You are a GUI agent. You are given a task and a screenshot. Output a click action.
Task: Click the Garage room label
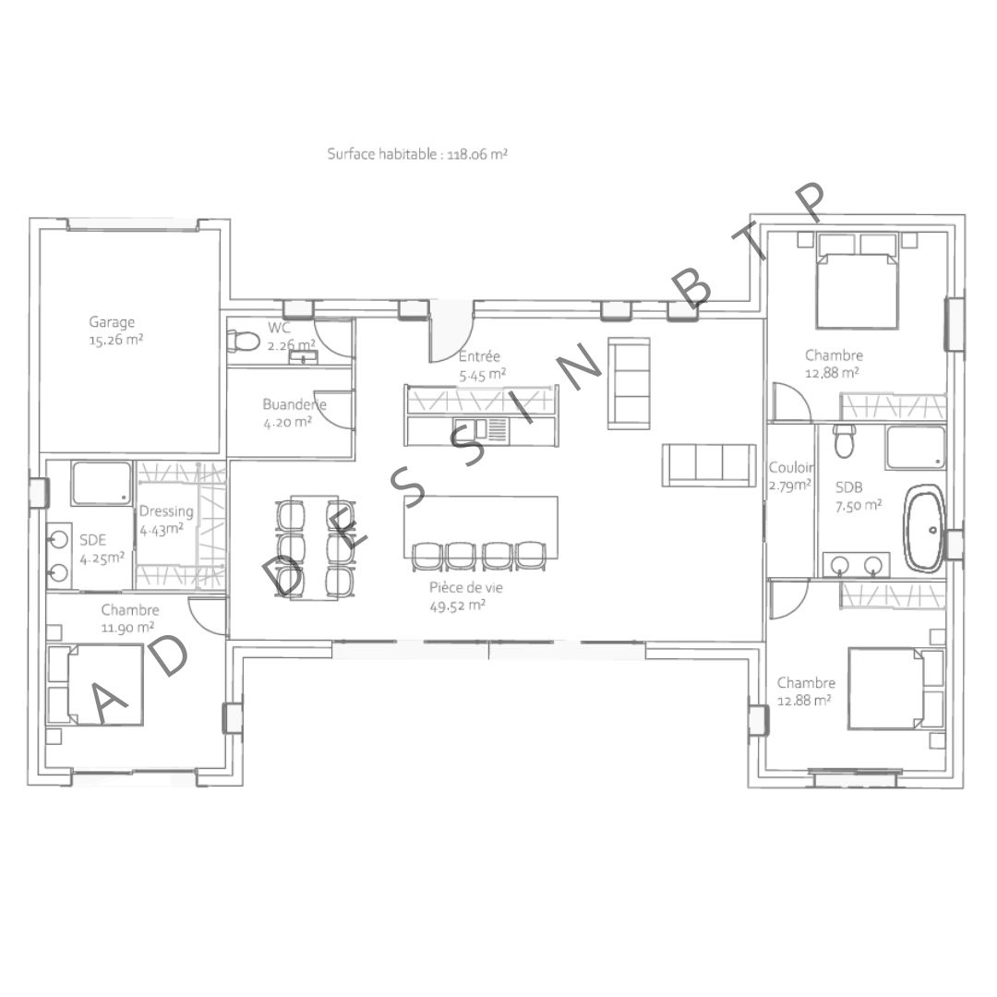coord(112,322)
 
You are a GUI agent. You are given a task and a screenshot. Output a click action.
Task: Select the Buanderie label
coord(294,404)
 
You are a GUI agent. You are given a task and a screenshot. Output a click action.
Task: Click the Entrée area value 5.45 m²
coord(482,374)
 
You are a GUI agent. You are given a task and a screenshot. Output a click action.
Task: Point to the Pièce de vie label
coord(466,587)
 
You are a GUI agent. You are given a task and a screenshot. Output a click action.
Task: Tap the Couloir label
coord(791,468)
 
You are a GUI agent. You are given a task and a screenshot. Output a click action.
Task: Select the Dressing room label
coord(166,511)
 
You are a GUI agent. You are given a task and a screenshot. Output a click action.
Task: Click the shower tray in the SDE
coord(102,484)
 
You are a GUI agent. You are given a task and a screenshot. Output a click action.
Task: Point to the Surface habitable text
coord(417,155)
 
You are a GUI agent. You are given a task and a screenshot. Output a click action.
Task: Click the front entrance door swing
coord(450,332)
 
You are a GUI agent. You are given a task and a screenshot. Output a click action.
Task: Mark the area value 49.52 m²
coord(458,606)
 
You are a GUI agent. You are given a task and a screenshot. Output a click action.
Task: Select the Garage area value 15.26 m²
coord(114,339)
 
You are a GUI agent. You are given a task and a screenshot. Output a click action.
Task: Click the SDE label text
coord(93,539)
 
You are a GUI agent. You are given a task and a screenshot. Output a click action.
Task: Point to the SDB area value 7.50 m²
coord(859,504)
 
